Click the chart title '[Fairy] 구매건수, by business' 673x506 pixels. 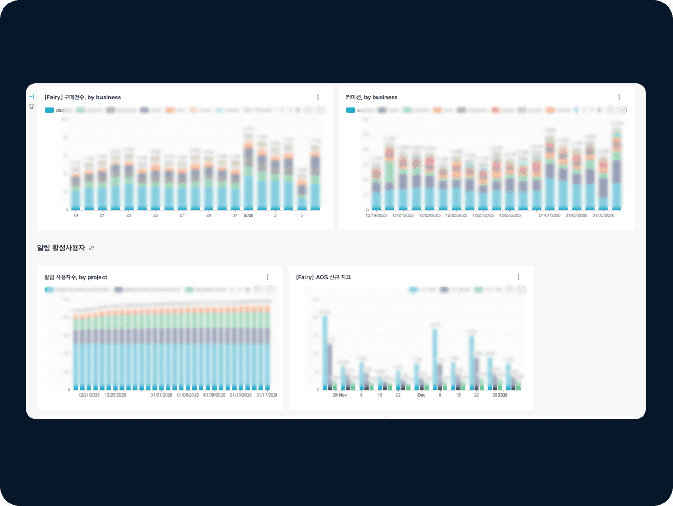point(83,97)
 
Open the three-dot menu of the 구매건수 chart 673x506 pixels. point(318,97)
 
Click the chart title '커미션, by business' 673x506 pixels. point(371,97)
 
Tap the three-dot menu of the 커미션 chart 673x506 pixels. point(619,97)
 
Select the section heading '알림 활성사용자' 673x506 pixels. point(61,248)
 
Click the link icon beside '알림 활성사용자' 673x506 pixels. point(91,248)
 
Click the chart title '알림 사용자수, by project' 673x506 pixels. point(76,277)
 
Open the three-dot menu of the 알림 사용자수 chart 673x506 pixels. point(267,277)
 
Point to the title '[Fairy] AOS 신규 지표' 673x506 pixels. point(323,277)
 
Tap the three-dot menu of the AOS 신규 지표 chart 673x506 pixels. point(518,277)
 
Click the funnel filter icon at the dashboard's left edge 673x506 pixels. point(32,107)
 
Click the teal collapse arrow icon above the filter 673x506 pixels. point(32,97)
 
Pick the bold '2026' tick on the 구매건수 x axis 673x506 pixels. point(248,215)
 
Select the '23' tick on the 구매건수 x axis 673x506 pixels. point(129,215)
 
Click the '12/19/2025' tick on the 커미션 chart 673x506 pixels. point(376,215)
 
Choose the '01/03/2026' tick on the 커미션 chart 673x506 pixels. point(576,215)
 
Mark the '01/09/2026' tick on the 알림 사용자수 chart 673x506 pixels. point(214,395)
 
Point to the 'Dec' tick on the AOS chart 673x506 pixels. point(421,395)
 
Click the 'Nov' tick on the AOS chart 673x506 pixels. point(343,395)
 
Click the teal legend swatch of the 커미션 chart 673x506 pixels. point(351,110)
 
